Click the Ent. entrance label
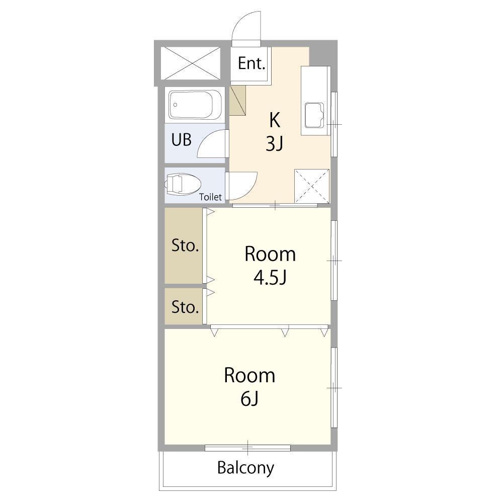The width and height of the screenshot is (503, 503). point(251,63)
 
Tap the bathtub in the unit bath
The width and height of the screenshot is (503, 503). point(195,105)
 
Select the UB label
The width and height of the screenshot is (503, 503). point(181,139)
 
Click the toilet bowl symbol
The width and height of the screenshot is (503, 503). point(182,184)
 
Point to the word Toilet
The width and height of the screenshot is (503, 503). point(210,197)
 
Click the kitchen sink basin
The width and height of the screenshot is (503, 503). point(314,115)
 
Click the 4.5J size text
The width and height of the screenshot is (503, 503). point(270,278)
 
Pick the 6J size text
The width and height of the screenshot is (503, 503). point(249,399)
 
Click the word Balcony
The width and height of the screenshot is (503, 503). point(246,468)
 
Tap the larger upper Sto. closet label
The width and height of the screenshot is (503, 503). point(185,245)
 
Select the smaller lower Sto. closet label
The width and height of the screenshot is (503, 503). point(185,307)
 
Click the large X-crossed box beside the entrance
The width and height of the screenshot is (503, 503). point(191,63)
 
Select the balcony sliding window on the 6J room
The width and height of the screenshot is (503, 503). point(247,448)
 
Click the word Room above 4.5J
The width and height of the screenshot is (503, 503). point(270,254)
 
